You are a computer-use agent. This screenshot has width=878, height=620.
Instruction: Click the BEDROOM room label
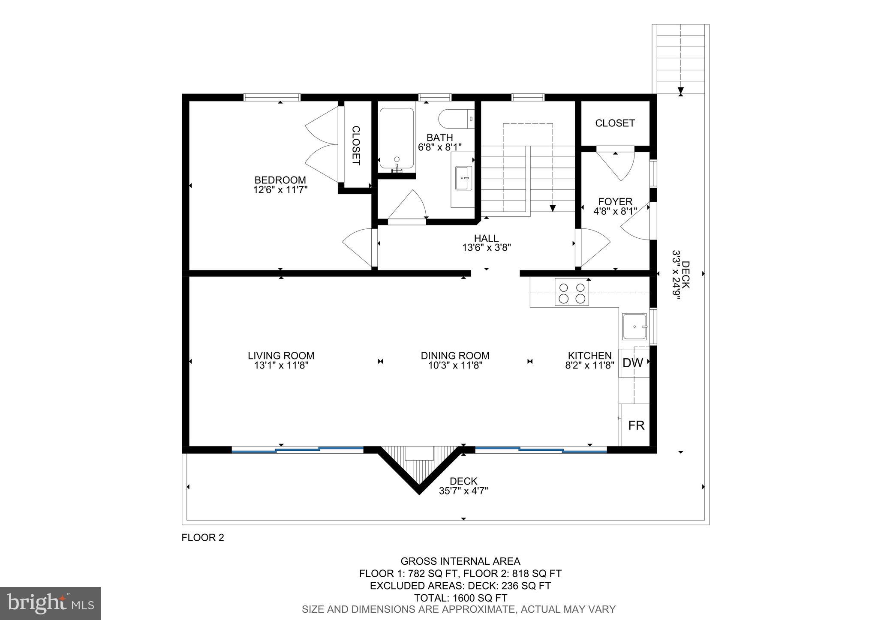[x=280, y=180]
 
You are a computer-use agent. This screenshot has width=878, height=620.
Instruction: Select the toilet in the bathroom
[x=455, y=119]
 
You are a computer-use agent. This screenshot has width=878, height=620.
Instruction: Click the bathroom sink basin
[x=463, y=178]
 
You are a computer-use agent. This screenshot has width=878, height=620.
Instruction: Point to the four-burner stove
[x=571, y=292]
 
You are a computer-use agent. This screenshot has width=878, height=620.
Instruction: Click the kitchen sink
[x=634, y=326]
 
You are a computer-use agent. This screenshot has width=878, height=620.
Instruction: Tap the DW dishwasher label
[x=633, y=363]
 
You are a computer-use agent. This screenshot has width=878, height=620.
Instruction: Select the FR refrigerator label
[x=636, y=425]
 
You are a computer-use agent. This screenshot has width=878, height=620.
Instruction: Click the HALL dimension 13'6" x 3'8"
[x=486, y=248]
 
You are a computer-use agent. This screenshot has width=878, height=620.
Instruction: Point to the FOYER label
[x=615, y=201]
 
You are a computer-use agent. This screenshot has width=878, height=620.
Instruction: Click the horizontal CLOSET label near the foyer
[x=615, y=123]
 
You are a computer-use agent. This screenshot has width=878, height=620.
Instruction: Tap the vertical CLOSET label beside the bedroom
[x=356, y=145]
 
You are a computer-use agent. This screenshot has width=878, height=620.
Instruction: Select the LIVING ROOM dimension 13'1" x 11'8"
[x=281, y=365]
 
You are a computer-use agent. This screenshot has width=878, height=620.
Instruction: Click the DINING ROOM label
[x=455, y=356]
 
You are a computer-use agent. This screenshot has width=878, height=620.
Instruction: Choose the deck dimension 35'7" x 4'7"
[x=463, y=491]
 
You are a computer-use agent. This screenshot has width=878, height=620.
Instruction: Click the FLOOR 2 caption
[x=203, y=537]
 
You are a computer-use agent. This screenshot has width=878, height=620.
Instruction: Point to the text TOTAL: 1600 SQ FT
[x=460, y=598]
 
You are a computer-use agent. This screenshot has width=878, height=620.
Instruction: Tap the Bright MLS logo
[x=50, y=604]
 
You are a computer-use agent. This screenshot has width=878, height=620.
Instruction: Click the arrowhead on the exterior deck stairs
[x=681, y=91]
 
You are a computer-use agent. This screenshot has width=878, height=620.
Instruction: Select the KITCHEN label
[x=589, y=356]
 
